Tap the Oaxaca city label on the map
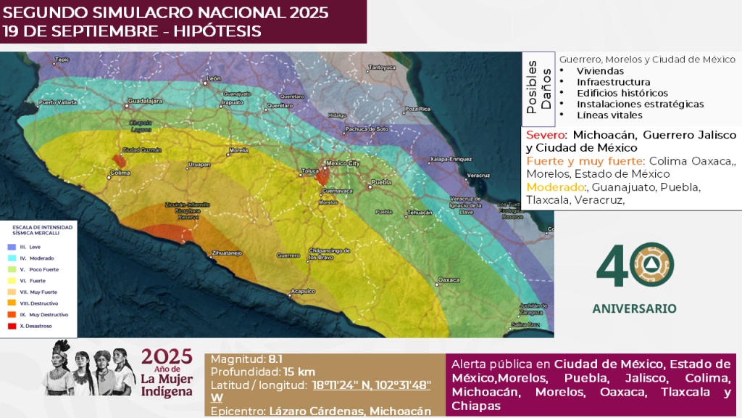449,279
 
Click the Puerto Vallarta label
57,102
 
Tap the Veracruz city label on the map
478,176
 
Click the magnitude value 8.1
275,359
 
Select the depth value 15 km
299,372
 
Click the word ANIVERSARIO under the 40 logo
634,308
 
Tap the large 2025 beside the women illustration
167,356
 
